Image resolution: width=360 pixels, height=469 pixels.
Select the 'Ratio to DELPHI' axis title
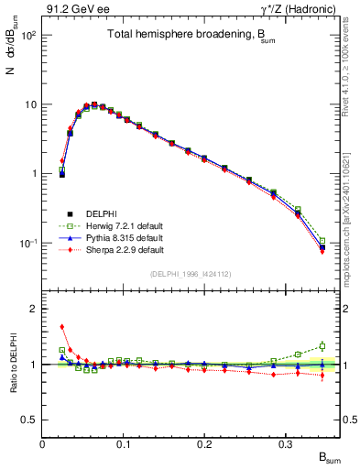(12, 364)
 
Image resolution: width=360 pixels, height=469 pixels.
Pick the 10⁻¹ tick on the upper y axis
(29, 243)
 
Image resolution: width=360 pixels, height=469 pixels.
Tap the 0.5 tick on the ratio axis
(29, 420)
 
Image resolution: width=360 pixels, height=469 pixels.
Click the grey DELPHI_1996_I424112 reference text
(191, 273)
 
